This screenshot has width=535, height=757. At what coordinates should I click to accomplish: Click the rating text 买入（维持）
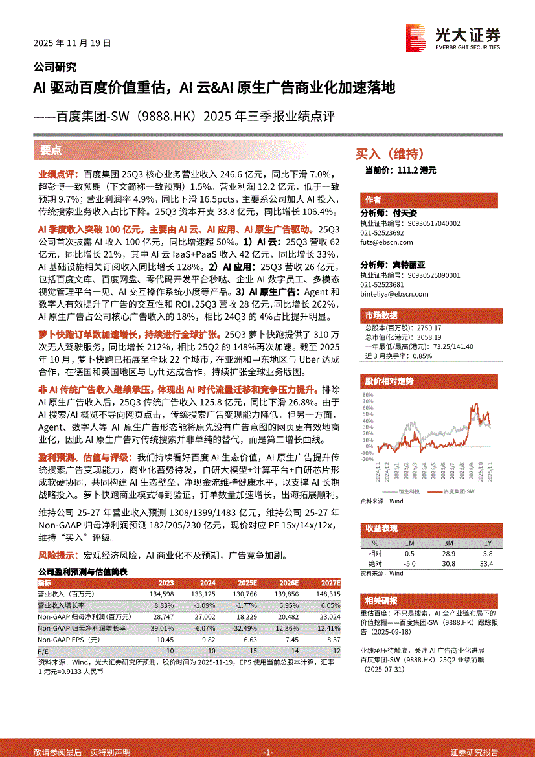[390, 154]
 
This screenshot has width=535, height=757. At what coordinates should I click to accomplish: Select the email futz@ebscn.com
[387, 242]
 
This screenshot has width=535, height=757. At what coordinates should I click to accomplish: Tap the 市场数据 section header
[381, 315]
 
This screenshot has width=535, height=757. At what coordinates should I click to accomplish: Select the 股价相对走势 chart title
[389, 381]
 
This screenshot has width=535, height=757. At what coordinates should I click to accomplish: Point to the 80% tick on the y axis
[368, 394]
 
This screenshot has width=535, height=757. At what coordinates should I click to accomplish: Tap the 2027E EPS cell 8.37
[332, 639]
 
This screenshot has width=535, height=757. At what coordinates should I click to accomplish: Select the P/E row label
[43, 651]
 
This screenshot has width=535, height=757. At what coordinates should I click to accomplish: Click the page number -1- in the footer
[267, 752]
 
